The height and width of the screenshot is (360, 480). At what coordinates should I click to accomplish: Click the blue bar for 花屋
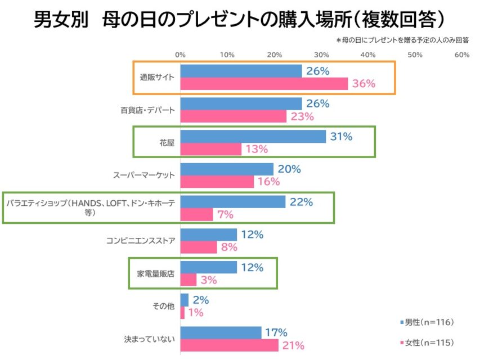tap(253, 136)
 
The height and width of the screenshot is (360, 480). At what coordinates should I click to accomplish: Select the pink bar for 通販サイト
tap(264, 84)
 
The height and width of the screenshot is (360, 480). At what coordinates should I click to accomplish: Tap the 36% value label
tap(364, 84)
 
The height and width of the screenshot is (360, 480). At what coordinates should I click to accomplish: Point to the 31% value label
tap(341, 136)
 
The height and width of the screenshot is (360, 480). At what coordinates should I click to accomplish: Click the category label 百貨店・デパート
tap(148, 110)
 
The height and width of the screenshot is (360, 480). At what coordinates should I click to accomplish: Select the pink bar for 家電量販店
tap(189, 280)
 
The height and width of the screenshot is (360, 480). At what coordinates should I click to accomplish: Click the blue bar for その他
tap(185, 299)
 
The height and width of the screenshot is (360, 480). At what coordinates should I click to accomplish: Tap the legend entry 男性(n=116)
tap(427, 322)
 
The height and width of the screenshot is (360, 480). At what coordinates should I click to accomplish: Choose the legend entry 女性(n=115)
tap(427, 343)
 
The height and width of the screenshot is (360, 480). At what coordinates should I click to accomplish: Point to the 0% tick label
tap(180, 55)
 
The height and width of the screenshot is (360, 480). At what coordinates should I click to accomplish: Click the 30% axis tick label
tap(321, 55)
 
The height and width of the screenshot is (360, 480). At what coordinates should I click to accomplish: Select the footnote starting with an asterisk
tap(403, 40)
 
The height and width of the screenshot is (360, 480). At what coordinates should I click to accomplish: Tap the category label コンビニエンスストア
tap(141, 241)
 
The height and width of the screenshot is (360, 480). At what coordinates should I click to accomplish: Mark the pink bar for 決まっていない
tap(229, 345)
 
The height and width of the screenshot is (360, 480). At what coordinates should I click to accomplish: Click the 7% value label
tap(225, 214)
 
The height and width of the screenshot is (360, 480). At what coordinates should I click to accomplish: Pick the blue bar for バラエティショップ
tap(233, 201)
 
